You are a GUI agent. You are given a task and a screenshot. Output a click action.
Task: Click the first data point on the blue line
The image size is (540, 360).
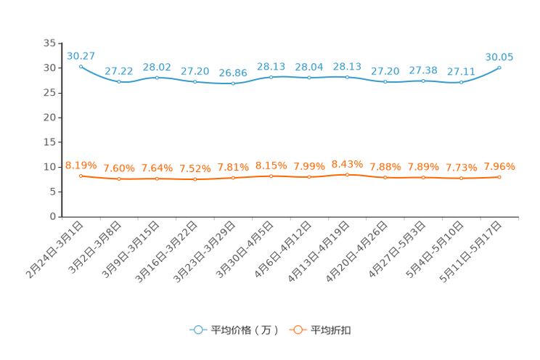tap(81, 66)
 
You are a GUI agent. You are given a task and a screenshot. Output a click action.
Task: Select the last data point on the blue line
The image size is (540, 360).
tap(499, 67)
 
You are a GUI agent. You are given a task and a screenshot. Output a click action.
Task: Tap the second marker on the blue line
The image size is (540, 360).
tap(119, 81)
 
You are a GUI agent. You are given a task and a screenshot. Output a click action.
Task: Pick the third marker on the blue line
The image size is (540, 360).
tap(157, 77)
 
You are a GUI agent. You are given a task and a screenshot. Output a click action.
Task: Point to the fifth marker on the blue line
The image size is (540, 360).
tap(233, 83)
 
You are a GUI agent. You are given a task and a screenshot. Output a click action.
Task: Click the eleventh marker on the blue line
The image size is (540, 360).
tap(461, 82)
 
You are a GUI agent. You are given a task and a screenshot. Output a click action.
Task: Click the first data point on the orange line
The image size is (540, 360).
tap(81, 175)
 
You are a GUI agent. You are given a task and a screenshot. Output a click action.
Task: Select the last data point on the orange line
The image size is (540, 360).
tap(499, 176)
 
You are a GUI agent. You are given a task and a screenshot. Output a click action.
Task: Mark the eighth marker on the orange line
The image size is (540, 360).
tap(347, 174)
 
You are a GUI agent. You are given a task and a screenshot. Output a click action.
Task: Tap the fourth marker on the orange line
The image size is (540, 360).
tap(195, 179)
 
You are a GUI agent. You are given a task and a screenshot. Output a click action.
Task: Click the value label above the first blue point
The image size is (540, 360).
tap(81, 55)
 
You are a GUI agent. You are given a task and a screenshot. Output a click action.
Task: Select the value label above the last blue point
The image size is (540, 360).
tap(499, 57)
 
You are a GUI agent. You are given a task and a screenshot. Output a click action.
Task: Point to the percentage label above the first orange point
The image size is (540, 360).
tap(81, 165)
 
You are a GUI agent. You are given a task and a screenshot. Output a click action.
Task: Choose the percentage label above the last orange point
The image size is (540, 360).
tap(499, 166)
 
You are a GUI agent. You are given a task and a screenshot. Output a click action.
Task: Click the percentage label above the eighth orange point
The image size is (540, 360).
tap(347, 163)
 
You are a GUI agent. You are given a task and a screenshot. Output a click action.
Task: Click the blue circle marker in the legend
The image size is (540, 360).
tap(197, 330)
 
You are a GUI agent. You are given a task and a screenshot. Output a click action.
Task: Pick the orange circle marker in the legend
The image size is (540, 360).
tap(298, 330)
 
